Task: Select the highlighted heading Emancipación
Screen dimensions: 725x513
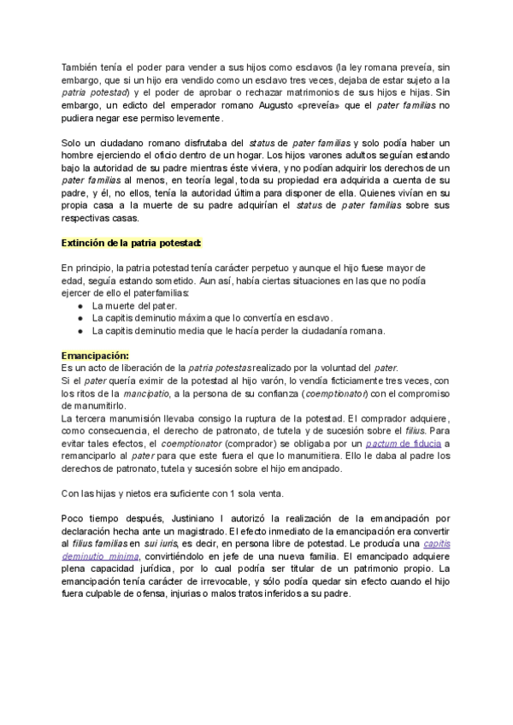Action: [x=96, y=354]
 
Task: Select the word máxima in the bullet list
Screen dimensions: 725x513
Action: [x=194, y=318]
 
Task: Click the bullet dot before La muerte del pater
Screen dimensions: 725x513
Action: [x=80, y=305]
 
